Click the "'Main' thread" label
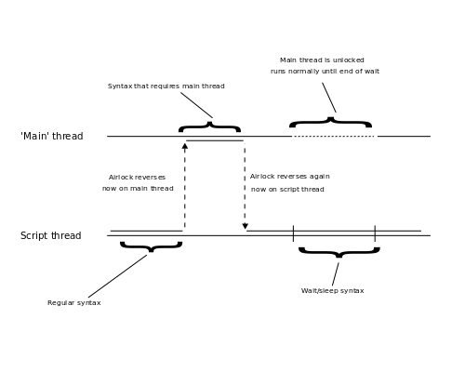click(52, 137)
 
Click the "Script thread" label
click(51, 236)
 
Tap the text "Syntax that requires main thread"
click(166, 86)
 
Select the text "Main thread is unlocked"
click(322, 60)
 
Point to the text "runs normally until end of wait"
click(325, 72)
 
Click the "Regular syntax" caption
click(74, 303)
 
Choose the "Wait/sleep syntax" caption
click(332, 291)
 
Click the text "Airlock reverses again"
click(289, 177)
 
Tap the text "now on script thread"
click(287, 190)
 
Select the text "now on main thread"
click(138, 189)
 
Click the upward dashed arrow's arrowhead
click(185, 146)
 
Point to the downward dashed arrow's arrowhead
click(246, 226)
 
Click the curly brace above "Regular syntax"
click(151, 246)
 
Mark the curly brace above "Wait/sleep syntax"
click(339, 251)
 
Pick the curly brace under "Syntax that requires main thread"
click(209, 126)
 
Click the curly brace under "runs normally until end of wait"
click(330, 123)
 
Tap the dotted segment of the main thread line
click(334, 137)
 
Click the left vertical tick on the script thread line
click(293, 232)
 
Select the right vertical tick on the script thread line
click(375, 232)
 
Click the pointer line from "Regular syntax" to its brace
click(117, 276)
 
